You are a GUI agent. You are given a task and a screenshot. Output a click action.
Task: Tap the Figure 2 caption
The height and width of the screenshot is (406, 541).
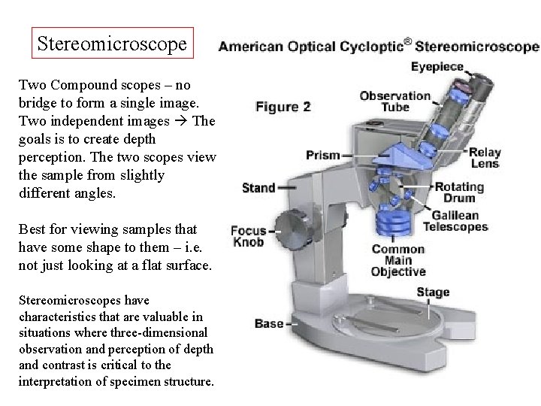click(x=283, y=107)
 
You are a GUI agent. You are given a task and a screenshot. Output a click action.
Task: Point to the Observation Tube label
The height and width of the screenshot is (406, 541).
click(x=395, y=101)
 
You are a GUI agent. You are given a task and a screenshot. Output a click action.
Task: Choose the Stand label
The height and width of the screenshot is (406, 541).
click(x=258, y=186)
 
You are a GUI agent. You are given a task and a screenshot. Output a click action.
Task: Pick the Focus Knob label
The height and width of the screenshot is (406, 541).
click(x=248, y=236)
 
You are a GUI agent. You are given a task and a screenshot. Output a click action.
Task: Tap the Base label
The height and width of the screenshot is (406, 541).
click(x=268, y=324)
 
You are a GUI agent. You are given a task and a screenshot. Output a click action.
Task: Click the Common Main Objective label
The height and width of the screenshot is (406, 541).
click(x=399, y=261)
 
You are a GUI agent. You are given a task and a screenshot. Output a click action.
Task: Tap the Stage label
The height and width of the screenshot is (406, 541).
click(x=432, y=292)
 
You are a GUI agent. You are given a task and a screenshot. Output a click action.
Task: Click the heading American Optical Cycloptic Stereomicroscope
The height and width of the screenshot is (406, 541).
click(x=378, y=47)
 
